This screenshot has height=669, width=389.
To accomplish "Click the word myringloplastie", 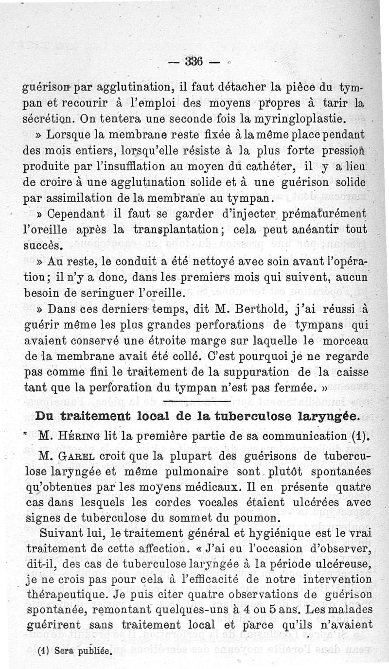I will (299, 118).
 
